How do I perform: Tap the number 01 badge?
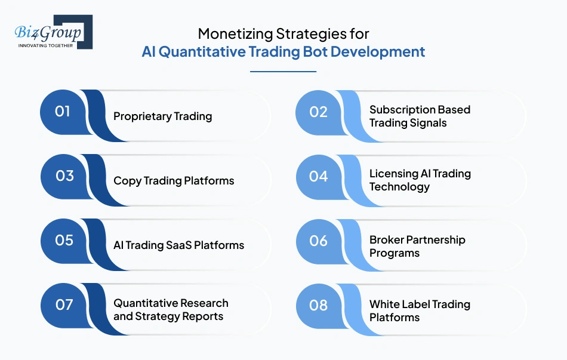(63, 111)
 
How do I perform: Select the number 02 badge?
(319, 112)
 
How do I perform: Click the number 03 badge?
(64, 176)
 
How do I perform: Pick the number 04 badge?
(319, 176)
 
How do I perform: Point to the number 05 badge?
(64, 240)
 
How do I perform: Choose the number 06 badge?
(319, 241)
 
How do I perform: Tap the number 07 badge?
(64, 304)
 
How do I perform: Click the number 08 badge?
(319, 305)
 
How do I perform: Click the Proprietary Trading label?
(162, 116)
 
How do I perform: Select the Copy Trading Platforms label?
(174, 181)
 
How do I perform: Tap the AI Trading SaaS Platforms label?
(178, 245)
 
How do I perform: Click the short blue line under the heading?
(283, 72)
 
